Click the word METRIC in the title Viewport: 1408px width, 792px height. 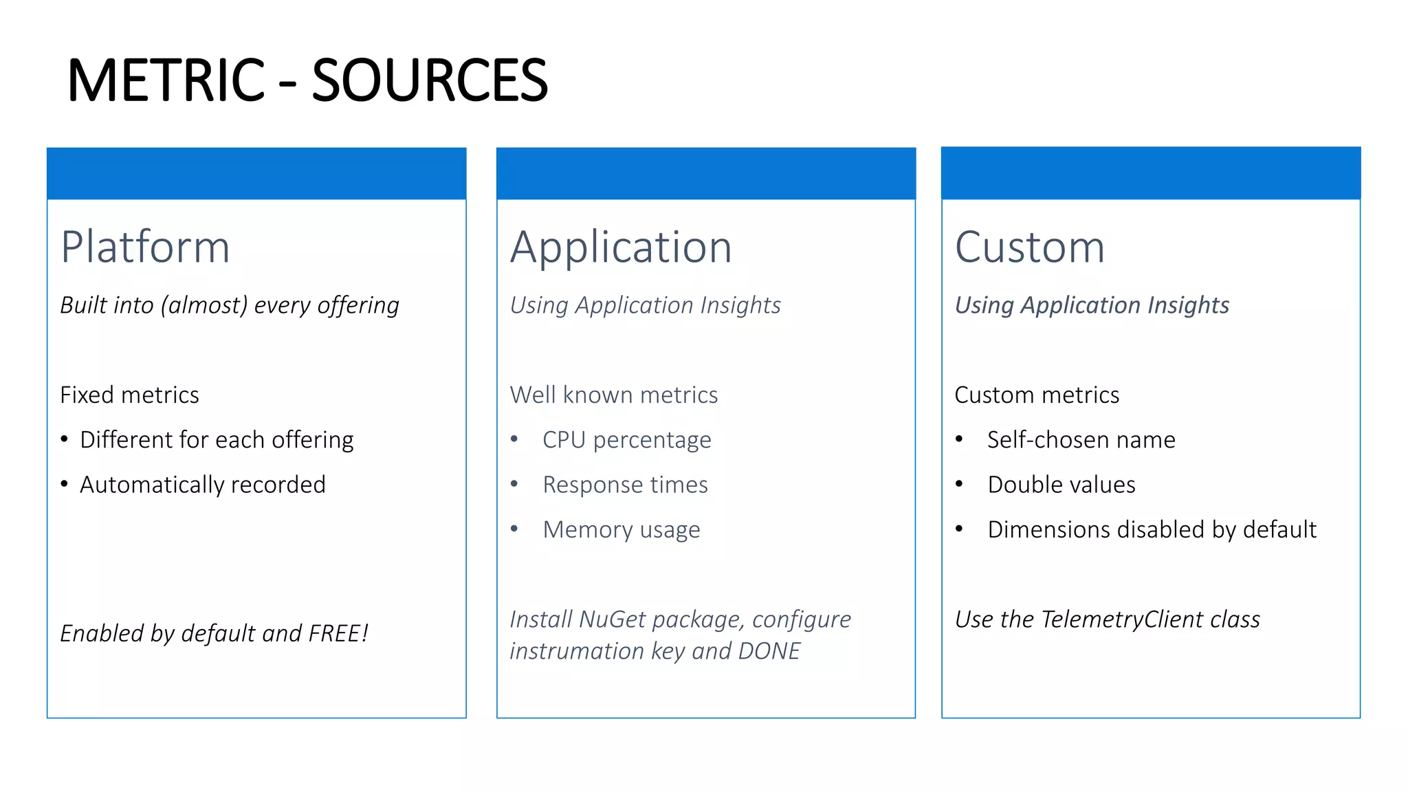166,80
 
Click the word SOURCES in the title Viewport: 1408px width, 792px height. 430,80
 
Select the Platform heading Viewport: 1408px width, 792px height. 145,247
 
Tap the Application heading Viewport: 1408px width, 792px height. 621,247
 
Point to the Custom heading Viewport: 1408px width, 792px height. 1029,247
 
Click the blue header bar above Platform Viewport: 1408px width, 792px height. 256,173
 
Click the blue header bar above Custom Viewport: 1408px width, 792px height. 1150,173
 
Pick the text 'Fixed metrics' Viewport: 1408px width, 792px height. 129,395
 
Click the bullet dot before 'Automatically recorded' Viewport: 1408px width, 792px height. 64,485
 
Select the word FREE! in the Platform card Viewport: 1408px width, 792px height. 338,633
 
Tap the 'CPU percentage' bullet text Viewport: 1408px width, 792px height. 626,440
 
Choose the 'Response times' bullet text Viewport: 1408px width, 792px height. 625,485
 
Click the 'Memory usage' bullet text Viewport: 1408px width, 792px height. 621,530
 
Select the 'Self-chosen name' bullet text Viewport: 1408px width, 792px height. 1081,440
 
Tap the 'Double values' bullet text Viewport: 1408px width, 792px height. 1061,485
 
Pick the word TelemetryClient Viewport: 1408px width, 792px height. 1122,619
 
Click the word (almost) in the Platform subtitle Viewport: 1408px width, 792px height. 203,305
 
